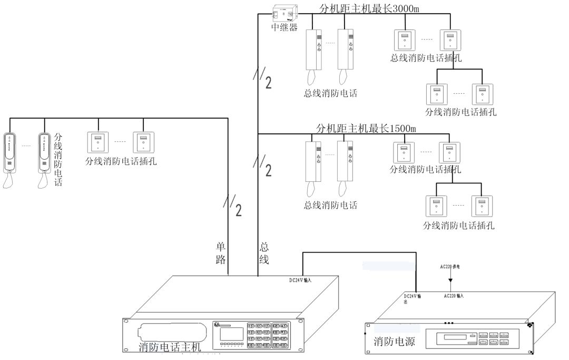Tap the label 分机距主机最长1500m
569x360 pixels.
pos(366,129)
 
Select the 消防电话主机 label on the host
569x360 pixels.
pos(170,347)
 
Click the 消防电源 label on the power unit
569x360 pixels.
pos(395,342)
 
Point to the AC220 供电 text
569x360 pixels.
pos(450,267)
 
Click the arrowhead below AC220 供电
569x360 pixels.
pos(450,286)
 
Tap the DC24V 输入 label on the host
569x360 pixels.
pos(300,280)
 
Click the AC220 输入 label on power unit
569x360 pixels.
pos(454,296)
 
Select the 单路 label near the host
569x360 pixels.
pos(221,252)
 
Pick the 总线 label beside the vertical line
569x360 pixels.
pos(264,252)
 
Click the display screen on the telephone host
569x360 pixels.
pos(232,334)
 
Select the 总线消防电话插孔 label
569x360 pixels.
pos(426,58)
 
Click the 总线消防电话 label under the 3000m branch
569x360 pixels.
pos(330,93)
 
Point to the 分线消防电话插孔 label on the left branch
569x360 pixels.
pos(121,161)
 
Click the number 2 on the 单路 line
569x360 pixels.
pos(239,210)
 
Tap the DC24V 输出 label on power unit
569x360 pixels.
pos(411,298)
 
